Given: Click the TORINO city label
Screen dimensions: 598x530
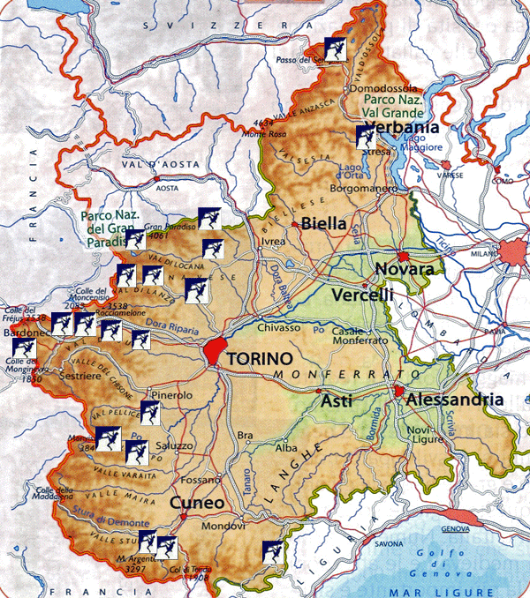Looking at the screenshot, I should click(259, 359).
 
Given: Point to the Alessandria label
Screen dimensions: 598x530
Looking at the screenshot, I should click(454, 400).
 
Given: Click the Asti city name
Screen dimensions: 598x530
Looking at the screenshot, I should click(336, 401).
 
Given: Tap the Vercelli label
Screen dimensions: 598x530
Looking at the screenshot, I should click(362, 295).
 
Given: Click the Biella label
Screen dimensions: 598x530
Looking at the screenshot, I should click(323, 223).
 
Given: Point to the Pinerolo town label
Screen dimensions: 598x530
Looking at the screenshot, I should click(170, 396).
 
